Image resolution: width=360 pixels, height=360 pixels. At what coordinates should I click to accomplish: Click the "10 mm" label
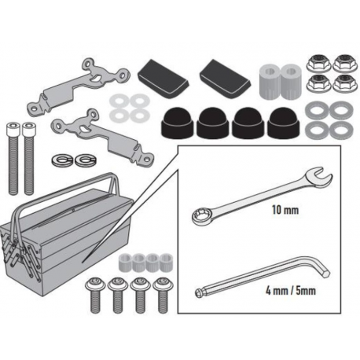[285, 210]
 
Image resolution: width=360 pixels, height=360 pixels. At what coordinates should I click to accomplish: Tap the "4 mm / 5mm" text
[291, 291]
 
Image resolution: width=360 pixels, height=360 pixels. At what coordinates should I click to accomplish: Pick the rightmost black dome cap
[284, 123]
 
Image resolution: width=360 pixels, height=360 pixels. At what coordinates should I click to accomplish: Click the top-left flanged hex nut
[318, 63]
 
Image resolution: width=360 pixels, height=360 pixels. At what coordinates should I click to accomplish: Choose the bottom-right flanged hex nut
[345, 83]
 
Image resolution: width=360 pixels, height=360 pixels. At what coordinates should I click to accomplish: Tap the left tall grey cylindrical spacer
[270, 81]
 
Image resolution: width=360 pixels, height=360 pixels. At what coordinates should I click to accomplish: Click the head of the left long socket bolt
[13, 129]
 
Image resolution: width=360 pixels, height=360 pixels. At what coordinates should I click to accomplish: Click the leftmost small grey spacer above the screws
[125, 263]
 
